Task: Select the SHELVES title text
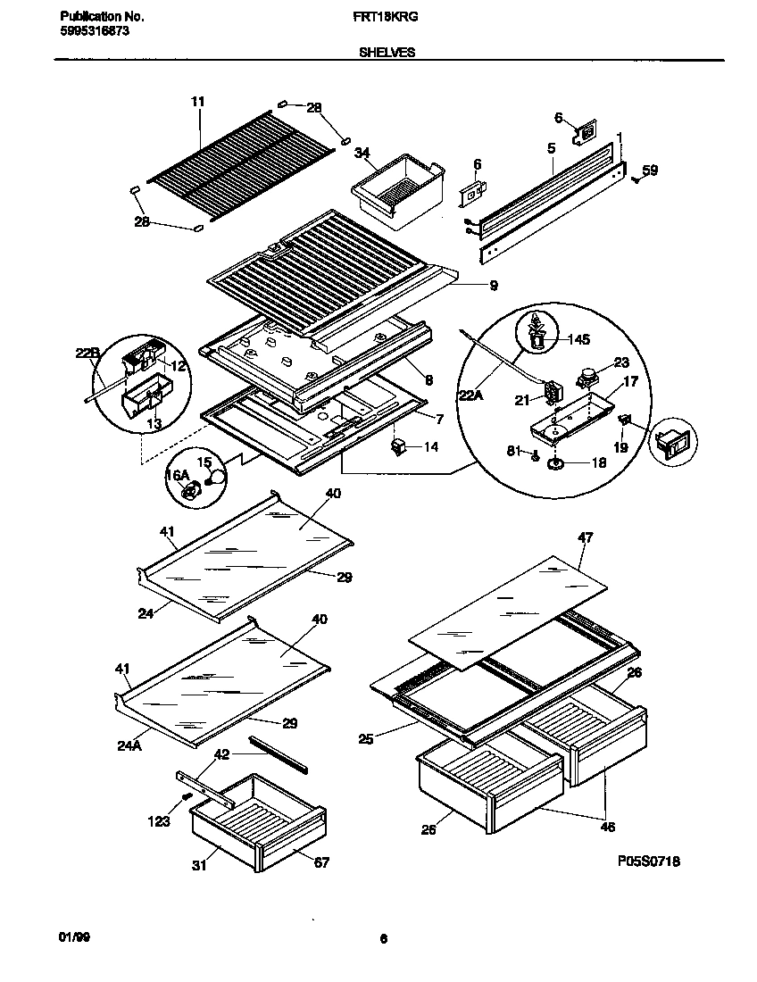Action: click(387, 53)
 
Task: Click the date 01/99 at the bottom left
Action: click(74, 938)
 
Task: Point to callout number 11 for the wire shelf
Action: click(197, 102)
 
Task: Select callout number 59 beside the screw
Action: click(650, 170)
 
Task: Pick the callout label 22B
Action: click(87, 354)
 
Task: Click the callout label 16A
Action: click(178, 476)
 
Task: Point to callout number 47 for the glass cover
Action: click(585, 537)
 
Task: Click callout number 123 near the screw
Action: click(159, 821)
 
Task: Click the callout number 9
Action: click(493, 286)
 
